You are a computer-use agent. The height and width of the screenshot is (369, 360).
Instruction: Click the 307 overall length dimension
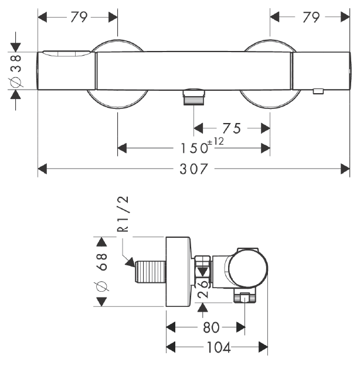point(193,169)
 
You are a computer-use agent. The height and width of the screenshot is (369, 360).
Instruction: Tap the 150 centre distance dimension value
point(194,149)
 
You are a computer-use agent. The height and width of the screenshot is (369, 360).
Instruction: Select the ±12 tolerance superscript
point(216,141)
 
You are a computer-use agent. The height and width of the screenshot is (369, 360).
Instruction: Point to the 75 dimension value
point(232,128)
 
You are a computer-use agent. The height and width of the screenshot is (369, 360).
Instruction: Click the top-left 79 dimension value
point(79,17)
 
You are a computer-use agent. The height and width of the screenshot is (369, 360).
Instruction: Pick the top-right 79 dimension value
point(311,17)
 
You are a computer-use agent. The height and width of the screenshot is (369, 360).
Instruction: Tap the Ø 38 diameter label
point(16,71)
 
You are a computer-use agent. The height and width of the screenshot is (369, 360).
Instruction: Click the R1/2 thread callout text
point(123,214)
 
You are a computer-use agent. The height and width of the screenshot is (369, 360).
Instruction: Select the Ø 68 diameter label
point(102,272)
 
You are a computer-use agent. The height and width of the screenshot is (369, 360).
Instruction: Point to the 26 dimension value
point(203,289)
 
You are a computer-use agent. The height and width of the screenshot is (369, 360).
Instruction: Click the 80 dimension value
point(211,327)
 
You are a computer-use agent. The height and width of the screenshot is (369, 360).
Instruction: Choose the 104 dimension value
point(219,347)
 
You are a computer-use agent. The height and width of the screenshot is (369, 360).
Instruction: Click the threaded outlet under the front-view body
point(193,97)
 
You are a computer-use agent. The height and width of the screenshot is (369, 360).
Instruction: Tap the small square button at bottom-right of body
point(318,91)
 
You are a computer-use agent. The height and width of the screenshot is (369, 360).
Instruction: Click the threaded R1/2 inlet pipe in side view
point(150,272)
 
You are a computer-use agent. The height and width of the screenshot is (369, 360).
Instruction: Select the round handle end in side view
point(249,269)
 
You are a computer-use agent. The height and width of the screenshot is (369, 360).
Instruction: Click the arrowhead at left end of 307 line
point(42,169)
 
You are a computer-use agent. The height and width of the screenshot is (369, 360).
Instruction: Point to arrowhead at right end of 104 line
point(263,347)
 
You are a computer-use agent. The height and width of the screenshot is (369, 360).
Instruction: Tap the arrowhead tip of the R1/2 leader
point(134,266)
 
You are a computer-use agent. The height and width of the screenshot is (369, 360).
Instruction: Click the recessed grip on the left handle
point(66,54)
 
